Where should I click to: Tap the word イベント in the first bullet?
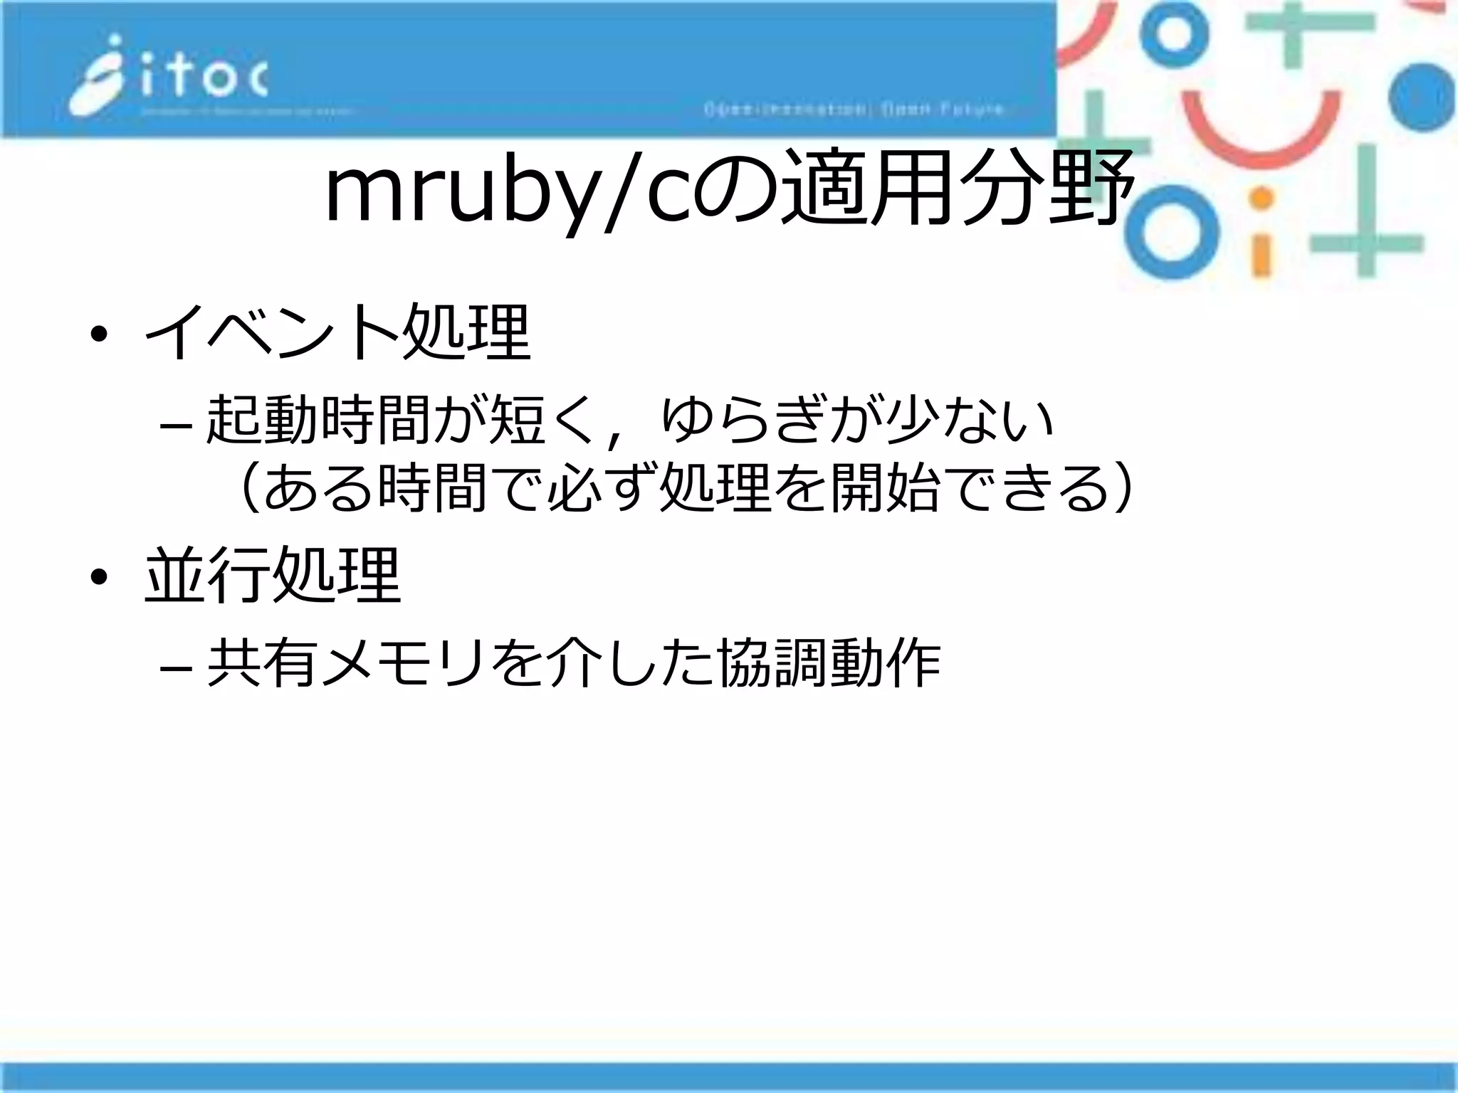pos(272,332)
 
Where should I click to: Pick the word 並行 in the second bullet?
pos(208,575)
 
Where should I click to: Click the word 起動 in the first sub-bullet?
pos(262,420)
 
